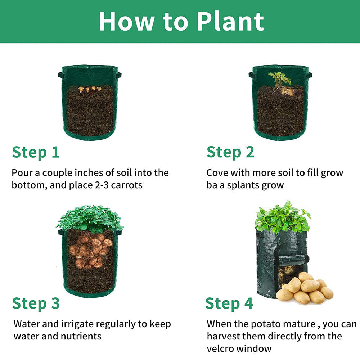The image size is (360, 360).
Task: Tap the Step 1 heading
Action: click(36, 152)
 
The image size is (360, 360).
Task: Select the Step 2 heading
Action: click(230, 152)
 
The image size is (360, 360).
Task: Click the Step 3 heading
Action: click(36, 303)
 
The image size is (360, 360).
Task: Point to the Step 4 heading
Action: click(229, 303)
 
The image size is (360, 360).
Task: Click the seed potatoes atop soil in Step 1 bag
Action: click(90, 89)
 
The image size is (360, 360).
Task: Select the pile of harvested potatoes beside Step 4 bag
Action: click(306, 289)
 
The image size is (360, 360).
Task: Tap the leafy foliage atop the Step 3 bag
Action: click(90, 218)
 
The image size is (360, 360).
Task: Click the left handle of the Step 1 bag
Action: click(60, 75)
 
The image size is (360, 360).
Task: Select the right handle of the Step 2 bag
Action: click(309, 75)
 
